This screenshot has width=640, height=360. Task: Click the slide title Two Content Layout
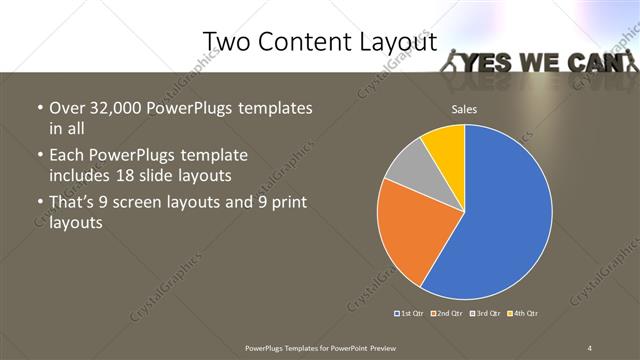tap(319, 41)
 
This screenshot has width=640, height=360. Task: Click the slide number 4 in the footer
tap(590, 347)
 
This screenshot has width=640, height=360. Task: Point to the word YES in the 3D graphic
tap(491, 63)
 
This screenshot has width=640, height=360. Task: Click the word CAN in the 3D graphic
tap(594, 63)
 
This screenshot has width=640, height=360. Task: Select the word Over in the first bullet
tap(65, 108)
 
